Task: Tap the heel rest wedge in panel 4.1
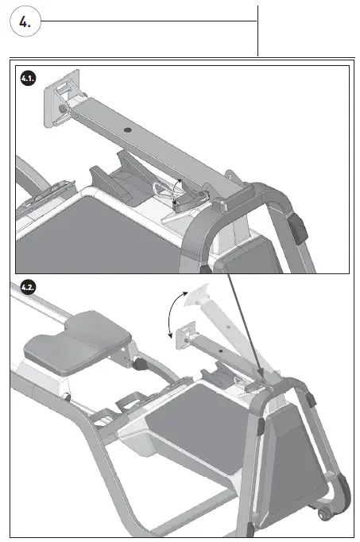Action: [x=119, y=179]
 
